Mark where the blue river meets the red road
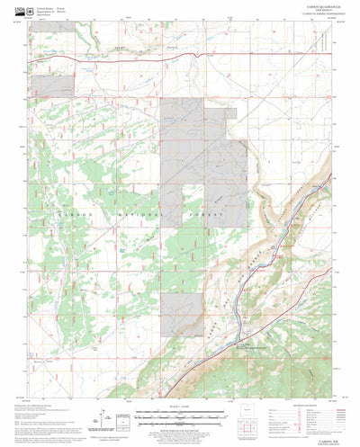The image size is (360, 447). point(236,321)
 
